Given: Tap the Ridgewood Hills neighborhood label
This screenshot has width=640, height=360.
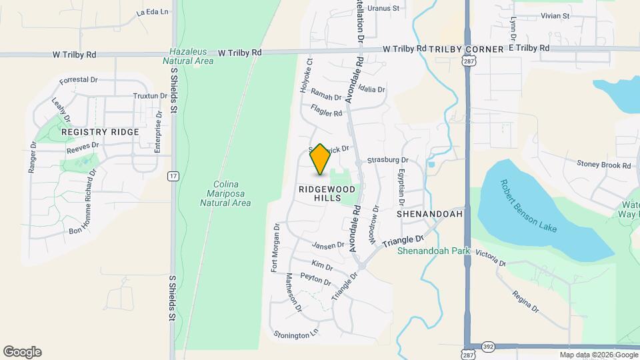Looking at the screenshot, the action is pos(327,194).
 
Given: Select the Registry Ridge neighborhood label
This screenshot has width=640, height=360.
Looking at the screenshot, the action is pos(100,132).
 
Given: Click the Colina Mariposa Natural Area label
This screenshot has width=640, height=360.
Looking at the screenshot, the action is pos(224,193).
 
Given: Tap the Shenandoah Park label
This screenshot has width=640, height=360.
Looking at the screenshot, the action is pos(433,251).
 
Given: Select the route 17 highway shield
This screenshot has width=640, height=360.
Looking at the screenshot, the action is pos(173,176).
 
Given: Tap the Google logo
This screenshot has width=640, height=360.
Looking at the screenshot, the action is pos(22,352).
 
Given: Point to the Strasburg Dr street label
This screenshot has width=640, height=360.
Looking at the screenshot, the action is pos(387,160).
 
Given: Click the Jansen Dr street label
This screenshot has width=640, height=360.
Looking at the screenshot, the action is pos(328,245).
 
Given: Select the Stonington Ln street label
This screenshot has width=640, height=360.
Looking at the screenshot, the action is pos(296,333).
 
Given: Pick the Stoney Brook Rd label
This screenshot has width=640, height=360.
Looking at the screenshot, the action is pos(604,164).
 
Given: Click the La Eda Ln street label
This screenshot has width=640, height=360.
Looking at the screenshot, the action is pos(153,12).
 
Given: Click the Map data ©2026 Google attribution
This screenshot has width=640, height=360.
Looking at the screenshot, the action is pos(599,355).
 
